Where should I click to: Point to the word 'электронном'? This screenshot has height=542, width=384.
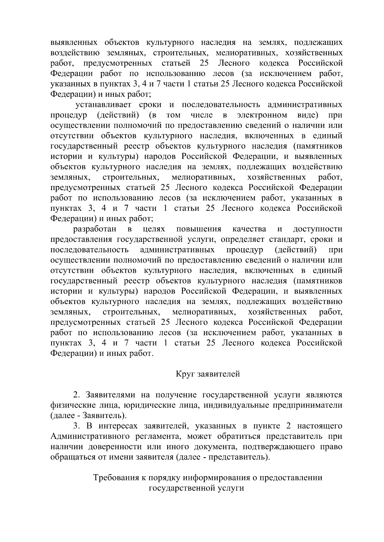(262, 115)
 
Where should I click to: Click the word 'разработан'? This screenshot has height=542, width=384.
(95, 229)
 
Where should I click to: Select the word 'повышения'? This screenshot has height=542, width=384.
(198, 229)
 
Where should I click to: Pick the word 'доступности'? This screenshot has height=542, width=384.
(317, 229)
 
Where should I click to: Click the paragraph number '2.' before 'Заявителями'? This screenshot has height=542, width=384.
(76, 395)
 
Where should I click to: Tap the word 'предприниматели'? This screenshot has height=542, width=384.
(307, 406)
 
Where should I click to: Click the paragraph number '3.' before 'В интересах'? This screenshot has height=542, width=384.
(76, 426)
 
